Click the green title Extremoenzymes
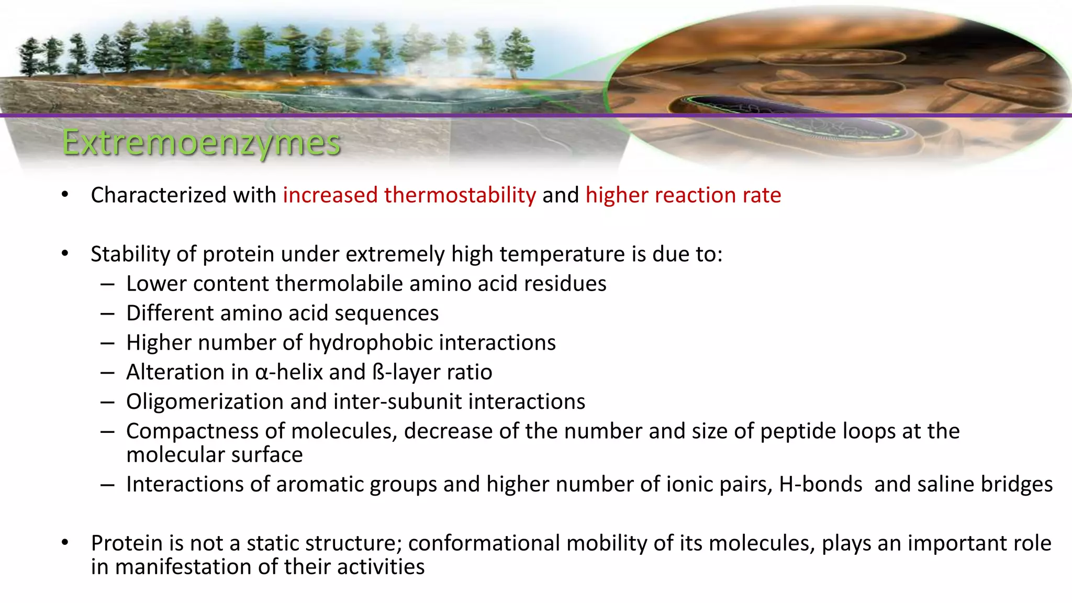(x=202, y=142)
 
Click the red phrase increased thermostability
(x=409, y=195)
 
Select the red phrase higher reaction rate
(x=683, y=195)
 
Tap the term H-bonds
(x=820, y=484)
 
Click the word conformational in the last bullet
(x=484, y=543)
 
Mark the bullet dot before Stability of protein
(x=65, y=254)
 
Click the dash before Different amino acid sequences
(x=108, y=314)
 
